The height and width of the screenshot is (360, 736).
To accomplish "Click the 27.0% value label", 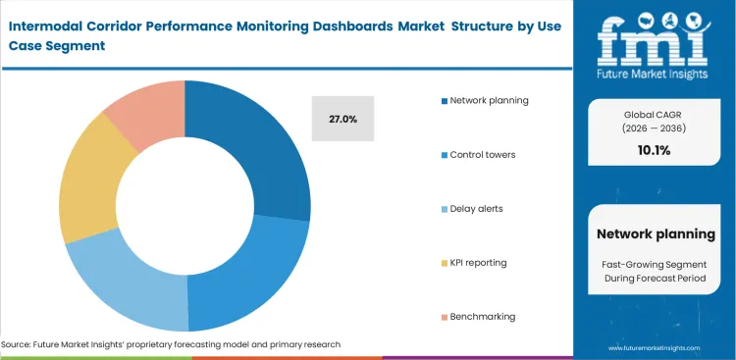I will click(342, 119).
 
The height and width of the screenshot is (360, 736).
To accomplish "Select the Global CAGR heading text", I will click(656, 115).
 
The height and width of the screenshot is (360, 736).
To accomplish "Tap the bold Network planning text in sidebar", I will click(656, 233).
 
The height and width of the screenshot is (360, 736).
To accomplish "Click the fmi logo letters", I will click(656, 38).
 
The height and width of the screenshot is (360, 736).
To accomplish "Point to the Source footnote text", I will click(171, 344).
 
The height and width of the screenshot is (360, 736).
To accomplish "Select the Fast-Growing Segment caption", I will click(656, 264).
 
